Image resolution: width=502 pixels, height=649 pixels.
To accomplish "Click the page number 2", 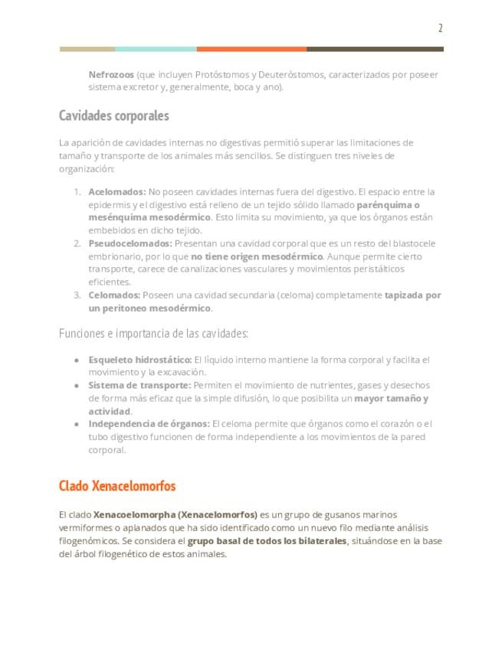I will [440, 28].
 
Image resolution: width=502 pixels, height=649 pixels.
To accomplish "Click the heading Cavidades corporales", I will [113, 116].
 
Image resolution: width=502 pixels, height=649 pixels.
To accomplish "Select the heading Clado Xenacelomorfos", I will [117, 487].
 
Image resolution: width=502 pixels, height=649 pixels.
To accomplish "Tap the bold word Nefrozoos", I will [111, 75].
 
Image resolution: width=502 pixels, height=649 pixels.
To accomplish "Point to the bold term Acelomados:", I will [116, 192].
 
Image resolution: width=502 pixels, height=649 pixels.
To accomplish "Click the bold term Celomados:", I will [114, 295].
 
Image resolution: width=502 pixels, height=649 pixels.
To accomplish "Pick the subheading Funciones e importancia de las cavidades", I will [153, 334].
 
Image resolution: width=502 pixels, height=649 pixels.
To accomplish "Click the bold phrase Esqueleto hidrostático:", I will [139, 360].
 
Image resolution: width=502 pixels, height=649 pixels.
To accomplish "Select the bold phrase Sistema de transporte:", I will [139, 386].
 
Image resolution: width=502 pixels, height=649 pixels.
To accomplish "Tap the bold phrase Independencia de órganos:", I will [149, 424].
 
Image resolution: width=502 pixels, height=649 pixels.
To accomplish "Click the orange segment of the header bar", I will [251, 49].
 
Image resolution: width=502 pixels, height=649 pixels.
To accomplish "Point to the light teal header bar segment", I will [156, 49].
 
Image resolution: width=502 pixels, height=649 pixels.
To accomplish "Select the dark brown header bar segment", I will [375, 49].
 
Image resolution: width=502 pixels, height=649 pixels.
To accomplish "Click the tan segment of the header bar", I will [87, 49].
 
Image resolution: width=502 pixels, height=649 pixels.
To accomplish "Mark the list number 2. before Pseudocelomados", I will [77, 243].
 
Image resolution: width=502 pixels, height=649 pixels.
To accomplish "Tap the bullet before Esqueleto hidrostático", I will [77, 360].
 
